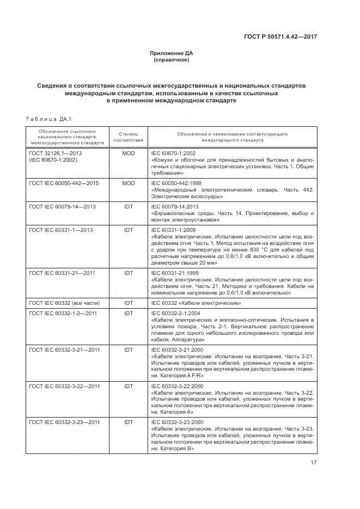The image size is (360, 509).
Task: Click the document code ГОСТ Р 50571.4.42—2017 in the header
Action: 280,36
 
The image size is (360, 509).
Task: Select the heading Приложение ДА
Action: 172,53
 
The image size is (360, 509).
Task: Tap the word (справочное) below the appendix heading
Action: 172,60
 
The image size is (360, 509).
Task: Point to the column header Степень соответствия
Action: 129,136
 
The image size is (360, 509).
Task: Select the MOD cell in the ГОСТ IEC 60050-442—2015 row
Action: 129,183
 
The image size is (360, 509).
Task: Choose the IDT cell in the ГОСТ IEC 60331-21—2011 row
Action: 129,273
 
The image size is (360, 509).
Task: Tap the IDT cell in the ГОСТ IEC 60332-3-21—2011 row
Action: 129,349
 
